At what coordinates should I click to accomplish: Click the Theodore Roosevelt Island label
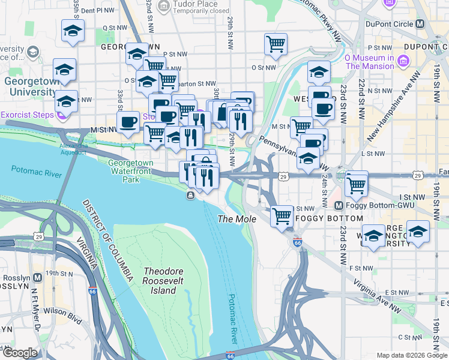pyautogui.click(x=159, y=281)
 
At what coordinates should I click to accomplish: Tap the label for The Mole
pyautogui.click(x=237, y=219)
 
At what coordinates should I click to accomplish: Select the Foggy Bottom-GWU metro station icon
pyautogui.click(x=338, y=205)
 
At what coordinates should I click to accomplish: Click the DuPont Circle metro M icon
pyautogui.click(x=420, y=25)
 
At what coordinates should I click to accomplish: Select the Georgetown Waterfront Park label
pyautogui.click(x=131, y=170)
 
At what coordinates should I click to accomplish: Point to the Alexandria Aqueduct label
pyautogui.click(x=74, y=149)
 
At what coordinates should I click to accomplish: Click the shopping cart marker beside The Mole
pyautogui.click(x=282, y=215)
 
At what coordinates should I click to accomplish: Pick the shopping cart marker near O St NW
pyautogui.click(x=276, y=43)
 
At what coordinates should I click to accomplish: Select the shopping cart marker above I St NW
pyautogui.click(x=357, y=184)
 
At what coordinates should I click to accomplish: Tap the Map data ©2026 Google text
pyautogui.click(x=411, y=355)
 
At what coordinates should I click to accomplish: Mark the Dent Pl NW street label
pyautogui.click(x=96, y=10)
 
